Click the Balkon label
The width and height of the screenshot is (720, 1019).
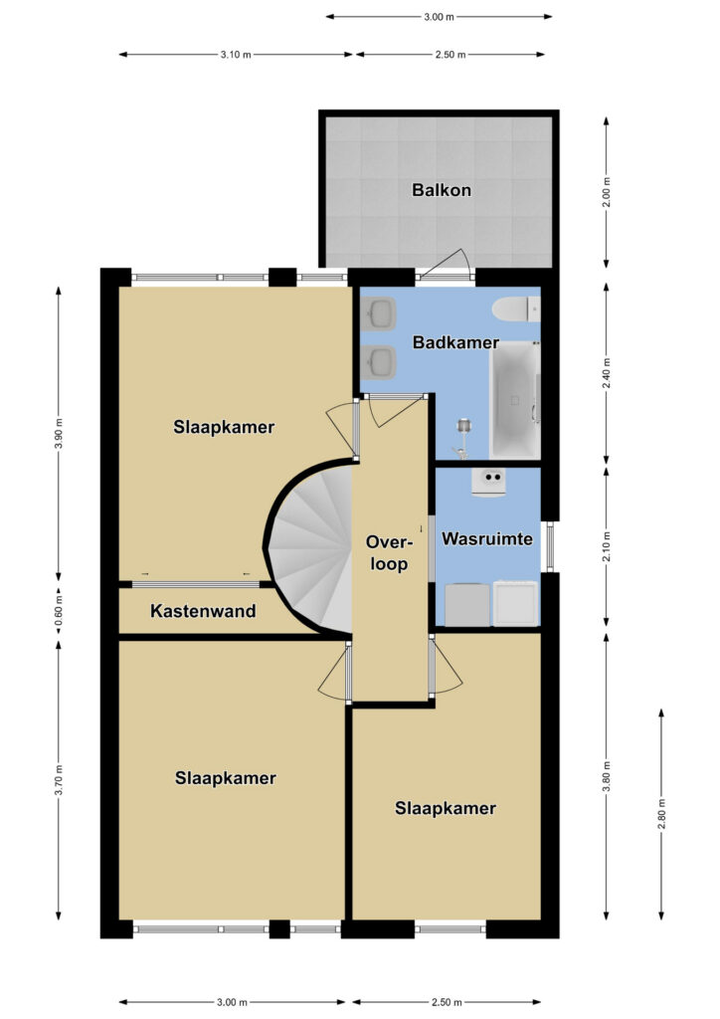(442, 190)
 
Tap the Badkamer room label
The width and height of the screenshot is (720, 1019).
(455, 342)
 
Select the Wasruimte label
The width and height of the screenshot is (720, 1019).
(487, 538)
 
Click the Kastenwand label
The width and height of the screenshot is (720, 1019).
(203, 611)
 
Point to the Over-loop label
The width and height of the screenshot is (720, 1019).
(390, 553)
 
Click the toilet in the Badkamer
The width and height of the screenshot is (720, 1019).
(516, 308)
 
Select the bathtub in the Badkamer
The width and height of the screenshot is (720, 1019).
(514, 400)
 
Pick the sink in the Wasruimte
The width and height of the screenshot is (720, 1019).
(488, 483)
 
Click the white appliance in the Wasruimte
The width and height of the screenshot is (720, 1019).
(516, 603)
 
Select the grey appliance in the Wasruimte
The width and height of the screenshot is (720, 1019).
(467, 604)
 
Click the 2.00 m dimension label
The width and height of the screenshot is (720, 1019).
(607, 192)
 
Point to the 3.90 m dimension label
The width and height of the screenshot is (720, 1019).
(59, 433)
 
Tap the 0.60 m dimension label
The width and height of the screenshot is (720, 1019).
(59, 610)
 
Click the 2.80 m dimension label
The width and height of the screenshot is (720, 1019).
(661, 814)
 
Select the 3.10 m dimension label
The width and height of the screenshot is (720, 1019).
(236, 55)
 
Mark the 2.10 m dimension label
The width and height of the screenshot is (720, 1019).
(607, 547)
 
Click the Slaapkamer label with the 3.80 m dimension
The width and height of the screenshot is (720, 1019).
(446, 808)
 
